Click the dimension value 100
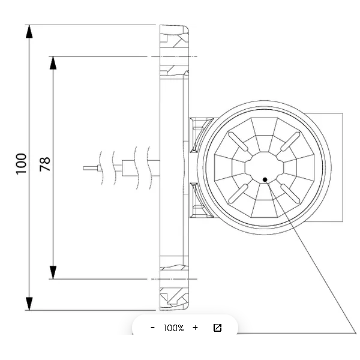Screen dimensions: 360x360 click(21, 164)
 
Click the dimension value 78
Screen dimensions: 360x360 click(45, 164)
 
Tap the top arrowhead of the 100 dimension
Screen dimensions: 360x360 click(29, 31)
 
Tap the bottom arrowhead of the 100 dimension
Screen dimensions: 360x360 click(29, 304)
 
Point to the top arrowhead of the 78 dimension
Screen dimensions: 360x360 click(53, 63)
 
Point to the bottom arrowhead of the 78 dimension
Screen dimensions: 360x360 click(53, 272)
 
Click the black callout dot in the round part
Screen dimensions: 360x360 click(265, 179)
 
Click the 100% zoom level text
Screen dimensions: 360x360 click(174, 328)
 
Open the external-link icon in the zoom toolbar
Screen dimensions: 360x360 click(217, 328)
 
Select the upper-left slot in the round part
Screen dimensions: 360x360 click(238, 142)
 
